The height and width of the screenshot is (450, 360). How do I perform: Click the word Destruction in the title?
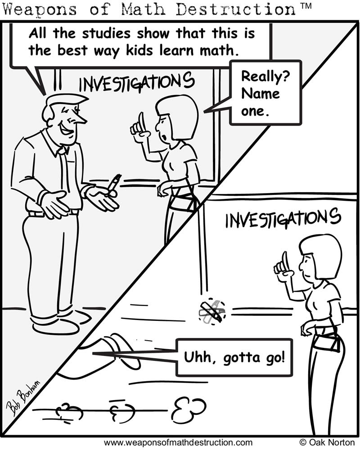point(235,9)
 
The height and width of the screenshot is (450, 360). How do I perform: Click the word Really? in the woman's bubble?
point(265,77)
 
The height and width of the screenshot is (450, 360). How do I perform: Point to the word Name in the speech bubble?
point(261,94)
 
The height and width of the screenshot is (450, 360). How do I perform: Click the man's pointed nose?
point(81,118)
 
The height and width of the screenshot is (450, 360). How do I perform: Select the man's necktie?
point(65,169)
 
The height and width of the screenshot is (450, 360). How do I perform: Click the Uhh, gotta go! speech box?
point(234,358)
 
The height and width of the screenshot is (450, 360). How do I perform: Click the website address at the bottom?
point(178,442)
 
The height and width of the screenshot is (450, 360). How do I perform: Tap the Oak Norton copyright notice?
point(327,442)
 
